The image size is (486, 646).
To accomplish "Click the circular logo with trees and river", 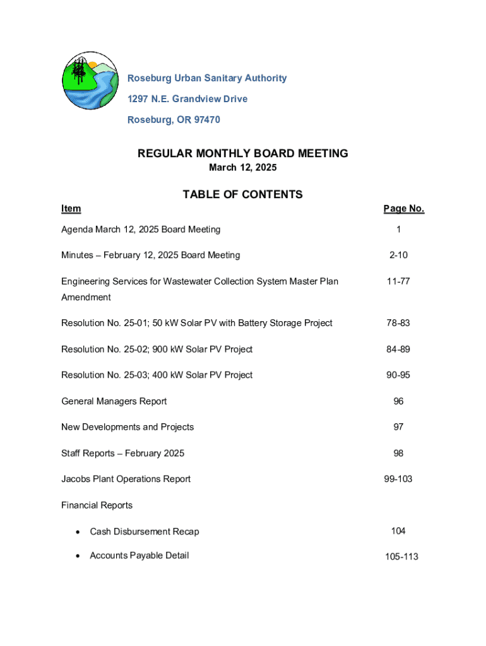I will tap(90, 81).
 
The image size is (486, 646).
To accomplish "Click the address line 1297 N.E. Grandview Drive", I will tap(187, 99).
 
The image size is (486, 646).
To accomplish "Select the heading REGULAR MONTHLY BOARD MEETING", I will tap(242, 153).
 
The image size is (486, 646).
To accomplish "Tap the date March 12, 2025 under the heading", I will tap(242, 168).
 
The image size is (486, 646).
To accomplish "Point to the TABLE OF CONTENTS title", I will tap(242, 194).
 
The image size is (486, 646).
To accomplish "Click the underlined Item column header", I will tap(71, 209).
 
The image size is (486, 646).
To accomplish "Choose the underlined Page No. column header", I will tap(403, 209).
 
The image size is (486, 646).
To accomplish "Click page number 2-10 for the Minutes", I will tap(398, 255).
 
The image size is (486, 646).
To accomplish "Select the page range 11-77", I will tap(398, 281).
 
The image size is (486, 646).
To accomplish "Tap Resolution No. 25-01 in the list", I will tap(196, 323).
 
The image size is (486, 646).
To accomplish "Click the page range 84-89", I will tap(398, 349).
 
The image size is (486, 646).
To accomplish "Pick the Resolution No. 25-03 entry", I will tap(157, 375).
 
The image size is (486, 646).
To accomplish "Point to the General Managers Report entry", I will tap(114, 401).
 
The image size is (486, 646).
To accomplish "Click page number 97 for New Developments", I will tap(398, 427).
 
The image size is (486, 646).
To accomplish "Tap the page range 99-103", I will tap(398, 479).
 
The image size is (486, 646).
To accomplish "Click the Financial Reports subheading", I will tap(97, 505).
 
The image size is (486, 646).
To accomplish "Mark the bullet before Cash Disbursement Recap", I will tap(77, 532).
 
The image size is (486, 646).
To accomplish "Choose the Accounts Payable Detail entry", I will tap(139, 556).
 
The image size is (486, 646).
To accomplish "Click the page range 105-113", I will tap(401, 557).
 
